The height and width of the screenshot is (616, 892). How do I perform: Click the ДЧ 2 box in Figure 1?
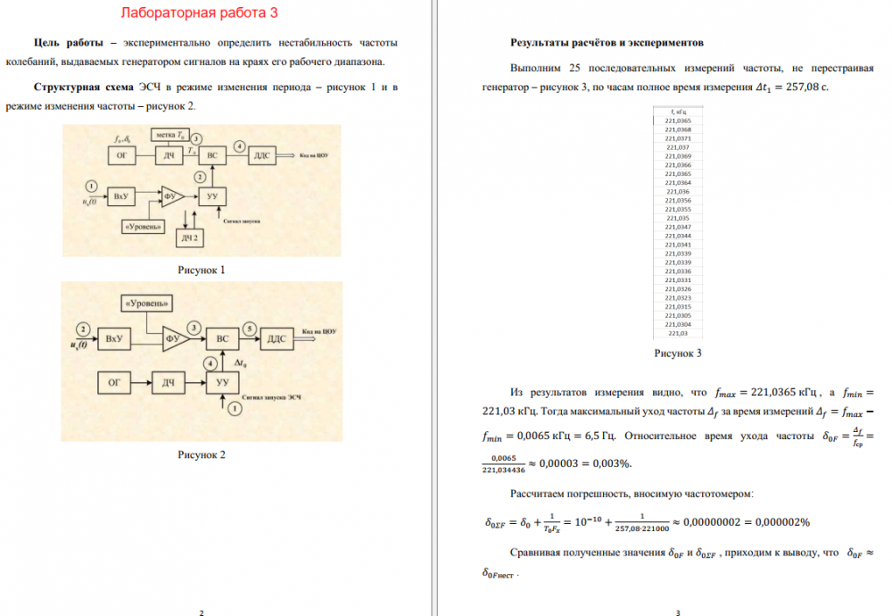coord(189,237)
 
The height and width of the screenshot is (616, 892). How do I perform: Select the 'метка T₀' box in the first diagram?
coord(169,135)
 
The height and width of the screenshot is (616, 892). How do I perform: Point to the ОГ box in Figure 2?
coord(114,383)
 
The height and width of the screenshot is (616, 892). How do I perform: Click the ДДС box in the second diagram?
coord(276,339)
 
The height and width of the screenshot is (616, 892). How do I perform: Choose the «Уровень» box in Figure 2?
coord(147,304)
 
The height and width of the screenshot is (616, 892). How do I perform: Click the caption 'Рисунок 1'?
coord(202,270)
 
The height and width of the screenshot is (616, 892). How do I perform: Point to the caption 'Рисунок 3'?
coord(678,354)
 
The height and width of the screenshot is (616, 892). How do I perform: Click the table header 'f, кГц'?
coord(678,112)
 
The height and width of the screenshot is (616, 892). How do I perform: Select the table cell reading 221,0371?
coord(678,138)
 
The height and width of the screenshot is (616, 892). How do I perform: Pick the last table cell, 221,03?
coord(678,333)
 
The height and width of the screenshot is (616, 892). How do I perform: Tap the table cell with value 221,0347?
coord(678,227)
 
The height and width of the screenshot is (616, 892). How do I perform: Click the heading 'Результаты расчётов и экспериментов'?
coord(607,42)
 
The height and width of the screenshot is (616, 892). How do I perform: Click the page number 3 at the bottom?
coord(679,612)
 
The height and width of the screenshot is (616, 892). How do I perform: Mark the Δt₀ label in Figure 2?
coord(241,363)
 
